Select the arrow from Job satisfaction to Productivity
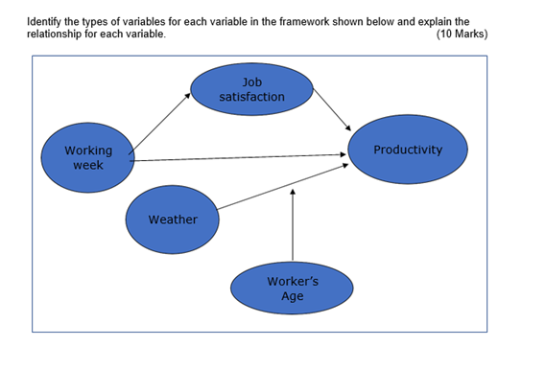click(332, 106)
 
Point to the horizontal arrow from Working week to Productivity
click(240, 157)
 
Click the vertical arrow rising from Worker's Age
click(293, 225)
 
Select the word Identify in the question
click(46, 20)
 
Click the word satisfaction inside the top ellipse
click(251, 97)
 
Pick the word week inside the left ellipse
click(87, 165)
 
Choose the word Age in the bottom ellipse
click(293, 296)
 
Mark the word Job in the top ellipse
click(251, 82)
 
